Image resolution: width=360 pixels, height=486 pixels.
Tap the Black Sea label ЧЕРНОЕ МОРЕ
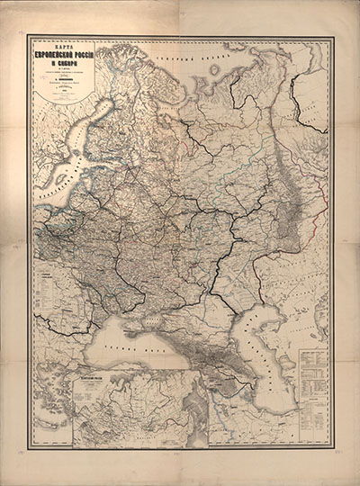[117, 347]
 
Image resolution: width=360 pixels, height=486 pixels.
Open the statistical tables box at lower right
[312, 382]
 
